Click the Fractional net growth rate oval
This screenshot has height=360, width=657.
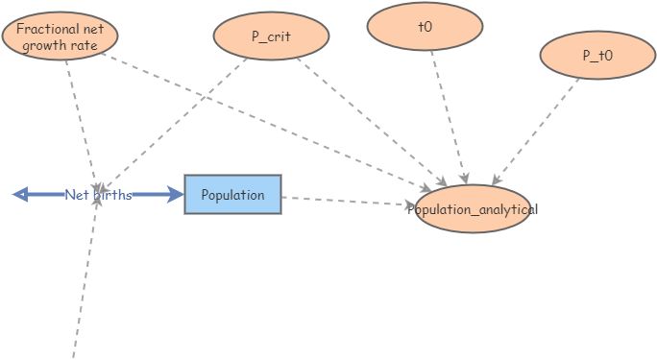point(60,36)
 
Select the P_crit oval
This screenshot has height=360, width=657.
point(271,36)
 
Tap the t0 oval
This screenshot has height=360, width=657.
point(426,28)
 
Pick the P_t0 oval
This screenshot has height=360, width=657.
point(597,56)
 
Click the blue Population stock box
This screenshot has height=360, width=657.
point(232,195)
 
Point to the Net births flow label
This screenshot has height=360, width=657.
point(98,195)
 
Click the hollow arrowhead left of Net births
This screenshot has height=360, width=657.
point(20,195)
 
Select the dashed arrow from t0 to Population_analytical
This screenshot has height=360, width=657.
point(448,115)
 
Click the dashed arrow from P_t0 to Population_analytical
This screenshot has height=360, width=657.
point(538,130)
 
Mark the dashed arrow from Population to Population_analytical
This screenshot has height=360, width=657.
point(346,201)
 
